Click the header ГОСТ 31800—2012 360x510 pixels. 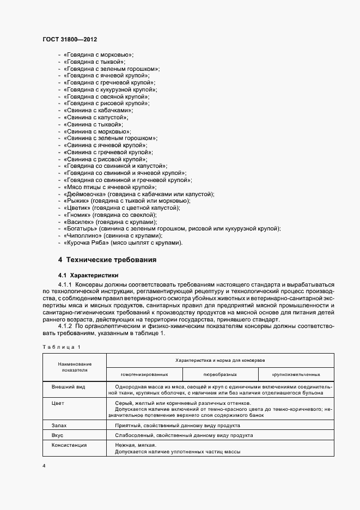click(x=70, y=40)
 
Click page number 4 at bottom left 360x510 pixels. click(x=44, y=465)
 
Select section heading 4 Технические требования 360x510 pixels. click(x=107, y=259)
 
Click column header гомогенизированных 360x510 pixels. click(x=144, y=374)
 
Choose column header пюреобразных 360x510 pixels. click(x=219, y=374)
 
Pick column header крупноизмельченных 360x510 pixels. click(x=295, y=374)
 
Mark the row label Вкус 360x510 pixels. click(x=58, y=435)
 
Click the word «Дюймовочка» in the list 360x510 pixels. click(x=84, y=195)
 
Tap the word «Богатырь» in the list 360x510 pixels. click(x=81, y=229)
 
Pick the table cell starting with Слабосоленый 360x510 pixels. click(x=184, y=435)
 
